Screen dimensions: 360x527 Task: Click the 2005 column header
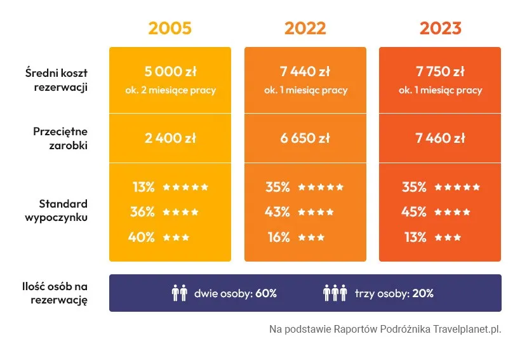[170, 29]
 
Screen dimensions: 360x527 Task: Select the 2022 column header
[305, 29]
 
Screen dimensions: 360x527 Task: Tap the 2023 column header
[440, 29]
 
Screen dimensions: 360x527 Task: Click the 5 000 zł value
[170, 71]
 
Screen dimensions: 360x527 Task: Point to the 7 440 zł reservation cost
[305, 71]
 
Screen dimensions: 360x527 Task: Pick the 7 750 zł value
[440, 71]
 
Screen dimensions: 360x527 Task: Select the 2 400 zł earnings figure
[170, 138]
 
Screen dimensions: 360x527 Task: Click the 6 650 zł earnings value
[305, 138]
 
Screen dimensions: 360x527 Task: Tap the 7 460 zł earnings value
[440, 138]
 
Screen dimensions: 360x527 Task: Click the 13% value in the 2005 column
[143, 187]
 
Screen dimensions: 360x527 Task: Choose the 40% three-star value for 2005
[142, 237]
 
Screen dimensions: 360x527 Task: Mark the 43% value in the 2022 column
[277, 212]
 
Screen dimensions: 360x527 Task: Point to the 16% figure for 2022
[278, 237]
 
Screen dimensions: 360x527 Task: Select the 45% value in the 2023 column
[414, 212]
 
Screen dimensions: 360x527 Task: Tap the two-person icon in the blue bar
[180, 293]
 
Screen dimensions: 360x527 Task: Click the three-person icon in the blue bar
[335, 293]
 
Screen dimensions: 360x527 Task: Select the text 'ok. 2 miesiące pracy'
[170, 90]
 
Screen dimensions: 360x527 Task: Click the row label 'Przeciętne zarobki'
[60, 138]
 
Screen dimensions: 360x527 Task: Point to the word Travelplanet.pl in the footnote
[467, 330]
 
